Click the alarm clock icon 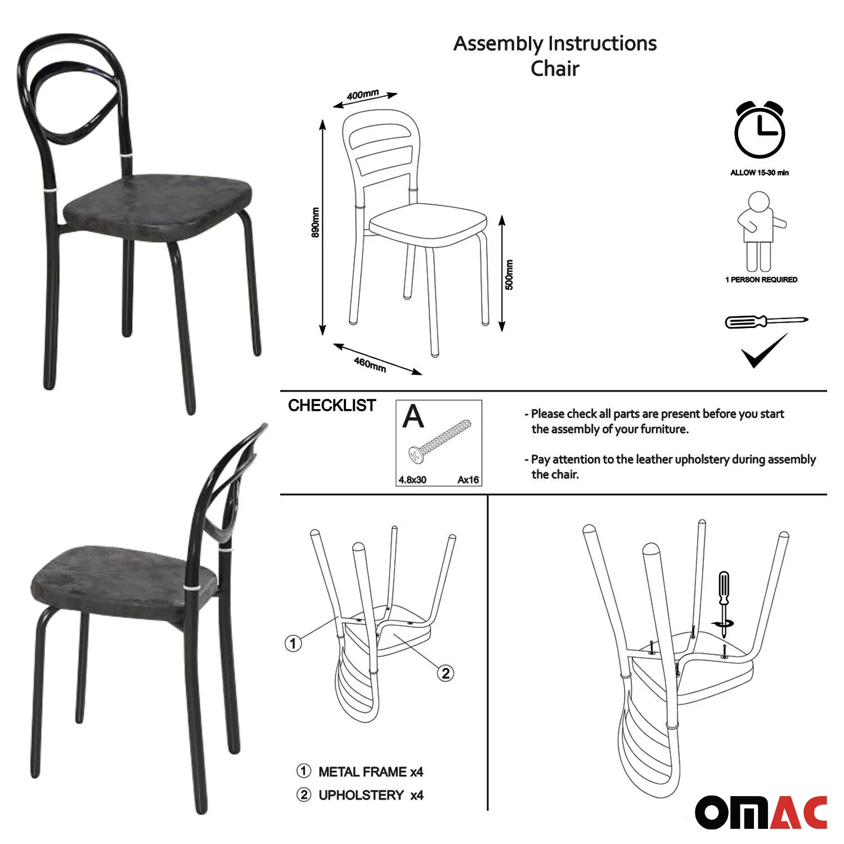760,131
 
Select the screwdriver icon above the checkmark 766,322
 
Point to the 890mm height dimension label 316,222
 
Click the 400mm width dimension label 363,95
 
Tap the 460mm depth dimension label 370,365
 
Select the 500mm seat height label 509,275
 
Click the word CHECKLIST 332,406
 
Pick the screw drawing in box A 439,441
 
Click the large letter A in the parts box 414,416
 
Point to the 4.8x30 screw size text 412,480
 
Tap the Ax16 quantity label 468,480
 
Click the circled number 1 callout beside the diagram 293,643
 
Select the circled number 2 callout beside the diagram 446,673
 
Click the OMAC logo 761,812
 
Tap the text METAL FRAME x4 371,772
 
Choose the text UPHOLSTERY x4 371,796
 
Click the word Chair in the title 555,69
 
